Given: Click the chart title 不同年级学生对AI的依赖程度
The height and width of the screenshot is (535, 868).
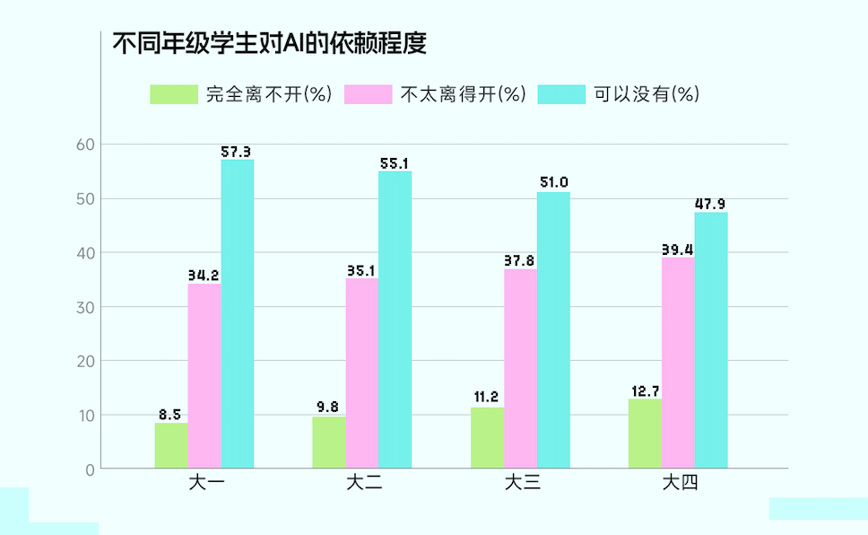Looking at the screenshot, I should point(268,42).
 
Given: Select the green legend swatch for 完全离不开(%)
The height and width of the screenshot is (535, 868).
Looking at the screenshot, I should point(174,94).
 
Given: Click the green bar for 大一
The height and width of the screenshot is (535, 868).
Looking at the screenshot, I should point(171,445).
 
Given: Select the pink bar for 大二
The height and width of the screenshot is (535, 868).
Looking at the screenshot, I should point(362,373).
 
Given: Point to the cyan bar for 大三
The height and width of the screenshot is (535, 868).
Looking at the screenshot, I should point(553,329).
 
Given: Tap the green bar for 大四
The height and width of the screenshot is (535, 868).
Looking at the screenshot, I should point(645,434).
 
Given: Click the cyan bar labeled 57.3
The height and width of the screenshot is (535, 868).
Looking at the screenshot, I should point(238,314).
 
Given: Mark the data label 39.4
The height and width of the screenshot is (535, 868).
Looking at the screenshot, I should point(678,249).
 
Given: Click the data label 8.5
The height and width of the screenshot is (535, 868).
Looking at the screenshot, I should point(170,414).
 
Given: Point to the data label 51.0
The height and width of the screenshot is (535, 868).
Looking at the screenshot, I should point(553,183).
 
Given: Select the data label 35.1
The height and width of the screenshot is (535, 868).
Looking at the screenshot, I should point(362,269).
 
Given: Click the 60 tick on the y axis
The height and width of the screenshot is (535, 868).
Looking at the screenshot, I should point(85,145).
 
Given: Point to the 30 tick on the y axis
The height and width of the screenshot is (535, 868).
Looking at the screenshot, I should point(85,307).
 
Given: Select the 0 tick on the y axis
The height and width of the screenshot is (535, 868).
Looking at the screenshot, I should point(90,469).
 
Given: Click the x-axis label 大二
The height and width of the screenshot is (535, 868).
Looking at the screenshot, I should point(363,484).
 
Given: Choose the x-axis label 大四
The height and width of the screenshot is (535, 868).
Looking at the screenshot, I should point(679,484).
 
